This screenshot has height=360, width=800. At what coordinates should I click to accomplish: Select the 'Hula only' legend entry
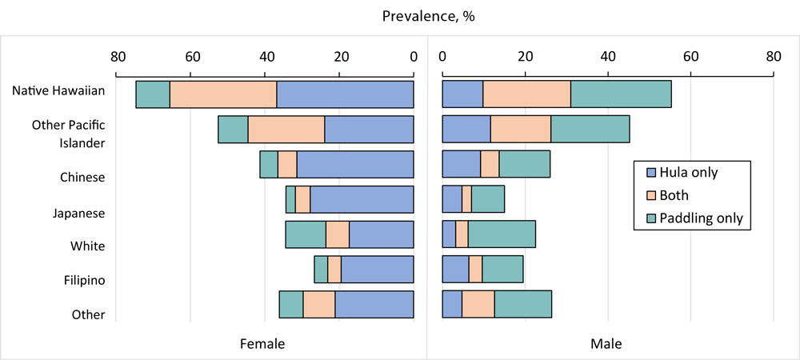pos(691,173)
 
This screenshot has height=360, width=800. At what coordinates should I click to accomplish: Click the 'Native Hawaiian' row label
pos(58,90)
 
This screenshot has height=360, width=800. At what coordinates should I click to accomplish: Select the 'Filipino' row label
pos(83,280)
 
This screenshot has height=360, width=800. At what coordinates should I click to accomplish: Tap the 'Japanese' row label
pos(78,214)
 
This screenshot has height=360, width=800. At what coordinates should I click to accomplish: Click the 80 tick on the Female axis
pos(117,56)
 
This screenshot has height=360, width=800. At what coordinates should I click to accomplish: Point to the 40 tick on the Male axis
pos(607,56)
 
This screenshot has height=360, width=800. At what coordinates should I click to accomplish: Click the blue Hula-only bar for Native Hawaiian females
pos(345,94)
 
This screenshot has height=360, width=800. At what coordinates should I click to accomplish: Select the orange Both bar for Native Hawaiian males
pos(526,94)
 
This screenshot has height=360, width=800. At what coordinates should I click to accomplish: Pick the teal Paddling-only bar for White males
pos(502,234)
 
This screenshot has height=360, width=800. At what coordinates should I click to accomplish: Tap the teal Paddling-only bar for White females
pos(306,234)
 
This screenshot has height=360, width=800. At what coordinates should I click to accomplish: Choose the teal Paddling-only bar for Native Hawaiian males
pos(621,94)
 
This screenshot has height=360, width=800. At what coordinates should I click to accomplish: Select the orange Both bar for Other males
pos(478,305)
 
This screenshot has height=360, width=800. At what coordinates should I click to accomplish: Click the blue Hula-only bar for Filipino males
pos(455,270)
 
